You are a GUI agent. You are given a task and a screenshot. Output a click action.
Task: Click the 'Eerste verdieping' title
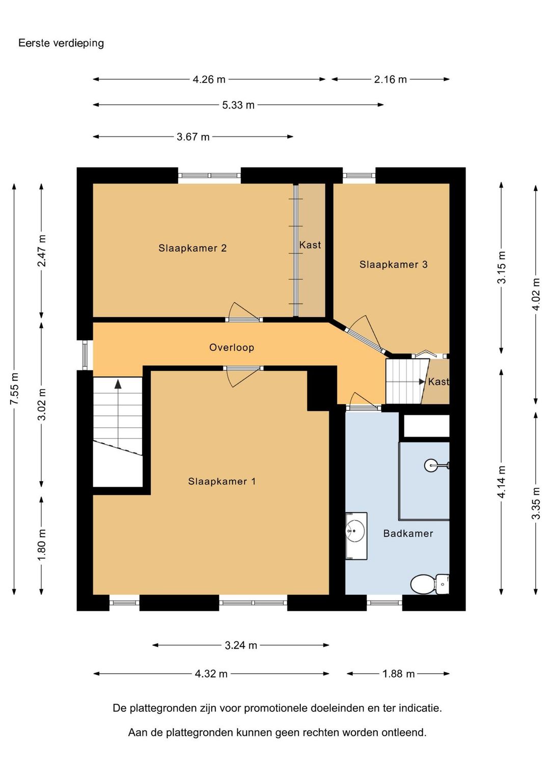point(61,43)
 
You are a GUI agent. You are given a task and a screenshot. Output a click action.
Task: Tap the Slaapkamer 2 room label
point(193,248)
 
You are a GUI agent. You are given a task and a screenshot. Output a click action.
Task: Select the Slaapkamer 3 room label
point(394,264)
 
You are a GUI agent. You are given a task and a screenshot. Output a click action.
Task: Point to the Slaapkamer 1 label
point(222,481)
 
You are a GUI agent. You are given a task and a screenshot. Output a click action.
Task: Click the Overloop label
point(231,347)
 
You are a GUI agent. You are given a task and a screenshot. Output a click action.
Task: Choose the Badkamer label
point(408,533)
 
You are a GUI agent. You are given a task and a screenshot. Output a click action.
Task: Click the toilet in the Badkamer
point(430,584)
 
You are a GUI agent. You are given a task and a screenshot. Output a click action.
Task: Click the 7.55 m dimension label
point(15,388)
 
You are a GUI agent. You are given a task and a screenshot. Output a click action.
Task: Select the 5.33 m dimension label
point(238,105)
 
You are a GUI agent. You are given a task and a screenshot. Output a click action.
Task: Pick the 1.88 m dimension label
point(398,674)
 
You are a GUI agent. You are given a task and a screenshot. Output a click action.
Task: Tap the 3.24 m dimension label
point(241,645)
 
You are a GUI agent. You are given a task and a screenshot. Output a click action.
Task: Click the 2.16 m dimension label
point(390,79)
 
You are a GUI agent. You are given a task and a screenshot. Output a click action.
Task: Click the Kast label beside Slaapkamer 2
point(310,245)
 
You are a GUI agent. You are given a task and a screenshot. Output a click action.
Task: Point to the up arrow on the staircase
point(118,383)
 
